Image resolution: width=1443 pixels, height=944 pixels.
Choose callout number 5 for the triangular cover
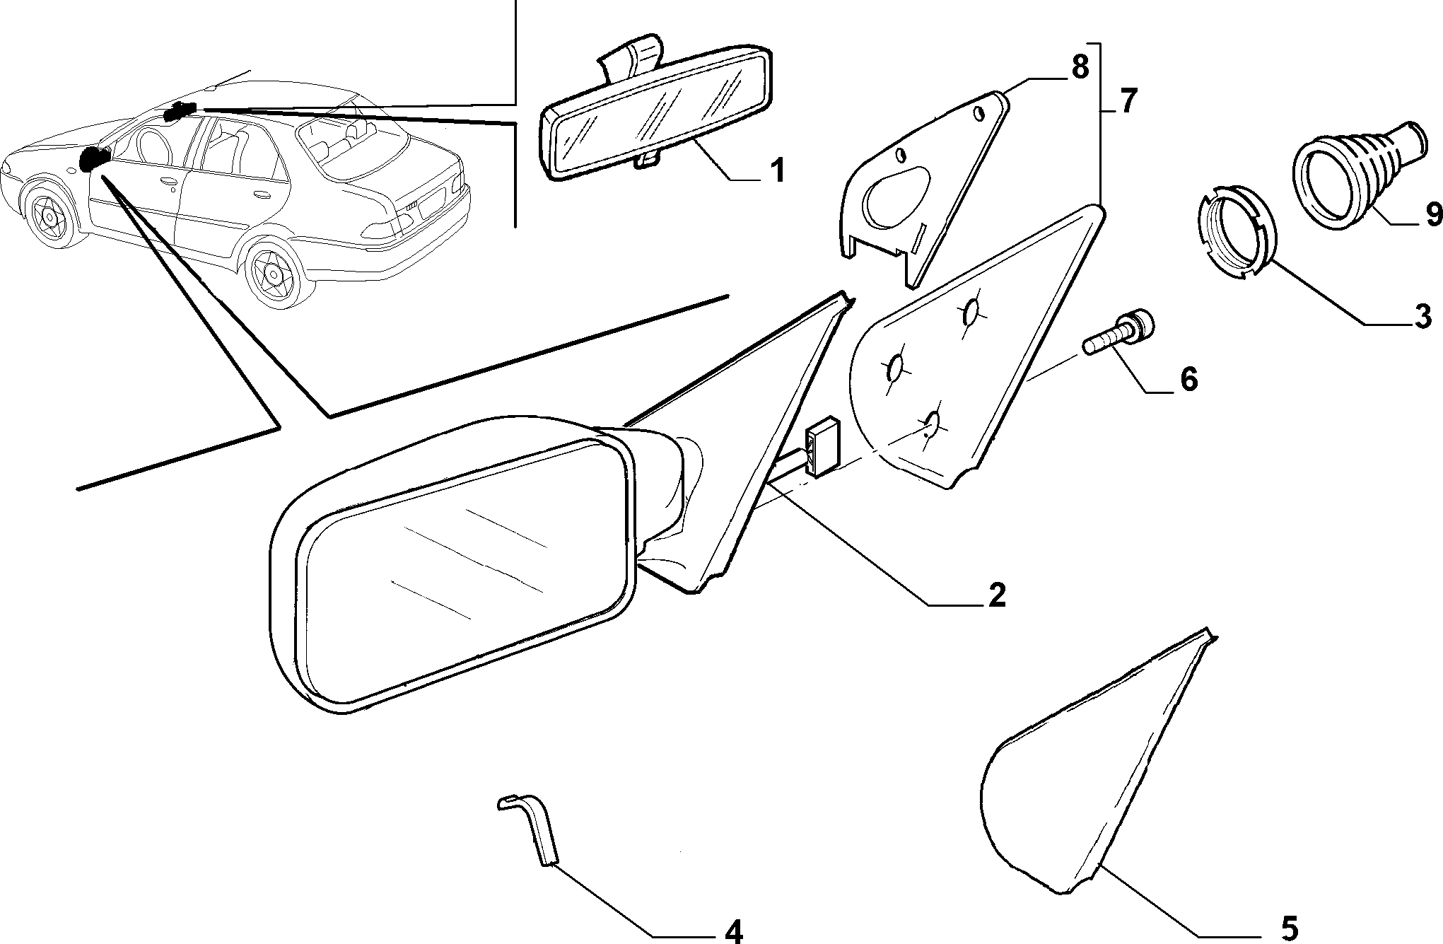pyautogui.click(x=1288, y=927)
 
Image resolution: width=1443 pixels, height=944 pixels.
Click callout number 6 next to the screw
pyautogui.click(x=1188, y=380)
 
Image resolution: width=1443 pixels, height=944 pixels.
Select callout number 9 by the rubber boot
pyautogui.click(x=1432, y=214)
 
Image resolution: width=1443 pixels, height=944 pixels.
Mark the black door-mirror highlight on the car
pyautogui.click(x=93, y=158)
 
